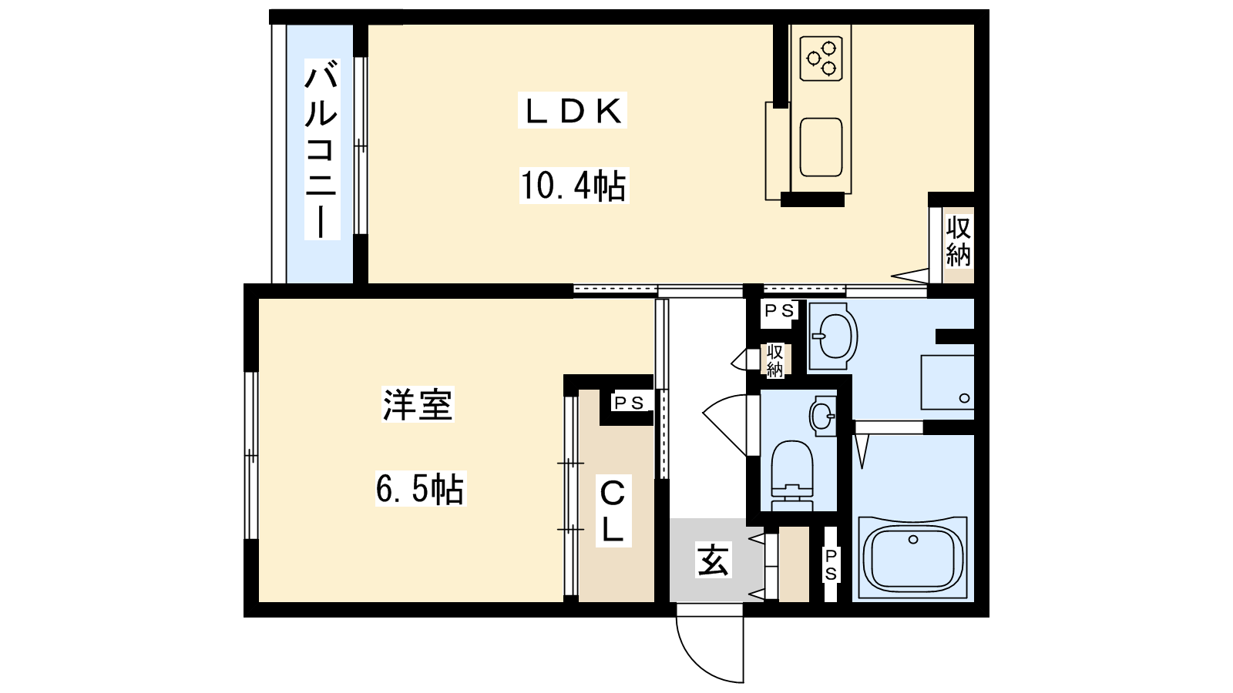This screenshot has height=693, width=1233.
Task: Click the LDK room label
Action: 573,111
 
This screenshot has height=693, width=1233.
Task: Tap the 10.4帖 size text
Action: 573,186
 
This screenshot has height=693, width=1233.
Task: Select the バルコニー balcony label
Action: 322,149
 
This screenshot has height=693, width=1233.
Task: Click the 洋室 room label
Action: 418,404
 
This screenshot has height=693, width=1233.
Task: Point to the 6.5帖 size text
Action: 421,488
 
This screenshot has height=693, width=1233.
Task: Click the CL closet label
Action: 613,513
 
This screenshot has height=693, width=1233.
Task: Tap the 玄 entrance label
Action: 713,560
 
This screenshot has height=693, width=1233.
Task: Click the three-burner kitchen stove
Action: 821,59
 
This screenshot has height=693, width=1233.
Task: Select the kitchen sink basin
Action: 821,147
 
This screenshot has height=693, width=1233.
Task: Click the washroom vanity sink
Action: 833,336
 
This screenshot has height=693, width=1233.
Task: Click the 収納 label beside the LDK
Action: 959,241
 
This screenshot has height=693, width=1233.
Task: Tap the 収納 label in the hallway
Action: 775,360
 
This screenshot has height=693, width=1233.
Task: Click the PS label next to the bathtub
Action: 831,564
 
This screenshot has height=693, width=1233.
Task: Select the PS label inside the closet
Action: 629,403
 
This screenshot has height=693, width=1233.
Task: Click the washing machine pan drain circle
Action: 964,398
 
